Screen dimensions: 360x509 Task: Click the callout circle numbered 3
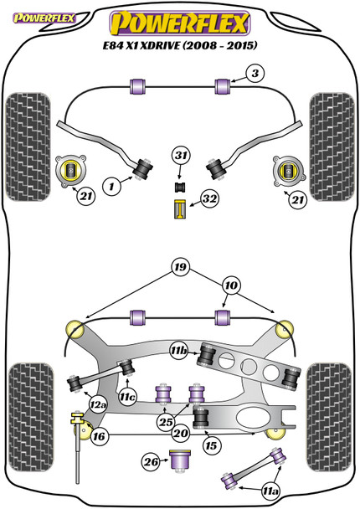[x=255, y=74]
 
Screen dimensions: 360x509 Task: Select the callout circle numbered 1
[x=111, y=187]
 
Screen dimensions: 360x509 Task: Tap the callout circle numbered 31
[x=181, y=156]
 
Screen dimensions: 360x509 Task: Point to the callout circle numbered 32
[x=209, y=198]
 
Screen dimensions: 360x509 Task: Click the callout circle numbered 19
[x=181, y=267]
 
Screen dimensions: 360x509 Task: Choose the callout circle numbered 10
[x=231, y=285]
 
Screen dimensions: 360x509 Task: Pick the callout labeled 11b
[x=179, y=351]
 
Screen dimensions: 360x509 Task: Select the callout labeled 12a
[x=98, y=405]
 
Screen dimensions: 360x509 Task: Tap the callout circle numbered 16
[x=99, y=437]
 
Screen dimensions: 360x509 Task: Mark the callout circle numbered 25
[x=167, y=422]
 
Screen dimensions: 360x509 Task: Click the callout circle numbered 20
[x=181, y=433]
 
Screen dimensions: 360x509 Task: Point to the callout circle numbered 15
[x=211, y=445]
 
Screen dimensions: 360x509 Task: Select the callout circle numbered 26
[x=152, y=462]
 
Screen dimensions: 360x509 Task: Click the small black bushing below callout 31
[x=179, y=188]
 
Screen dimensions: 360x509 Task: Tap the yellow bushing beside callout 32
[x=179, y=209]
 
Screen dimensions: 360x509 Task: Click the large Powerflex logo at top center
[x=180, y=23]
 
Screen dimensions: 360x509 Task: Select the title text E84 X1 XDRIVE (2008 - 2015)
[x=180, y=45]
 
